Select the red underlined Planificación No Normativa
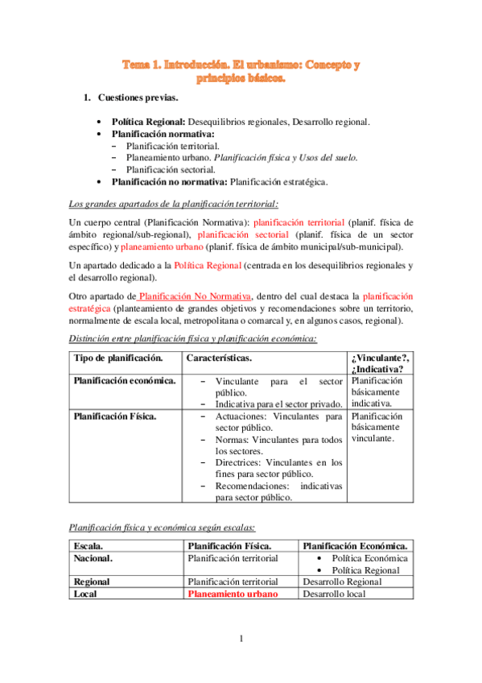[x=194, y=296]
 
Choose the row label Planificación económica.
[x=125, y=380]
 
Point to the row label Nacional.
[x=93, y=557]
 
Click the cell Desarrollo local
[x=333, y=594]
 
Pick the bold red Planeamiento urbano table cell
[x=232, y=594]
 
